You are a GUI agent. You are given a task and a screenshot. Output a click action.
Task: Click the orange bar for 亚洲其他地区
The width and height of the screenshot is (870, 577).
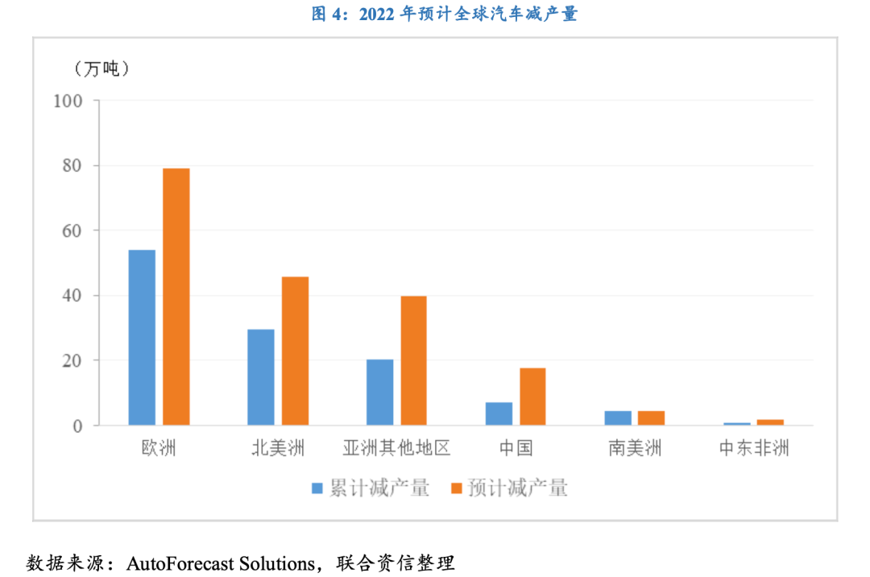413,360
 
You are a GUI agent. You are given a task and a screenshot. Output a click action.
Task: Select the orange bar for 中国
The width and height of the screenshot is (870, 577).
532,396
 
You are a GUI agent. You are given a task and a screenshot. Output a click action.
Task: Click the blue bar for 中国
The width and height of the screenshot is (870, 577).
499,413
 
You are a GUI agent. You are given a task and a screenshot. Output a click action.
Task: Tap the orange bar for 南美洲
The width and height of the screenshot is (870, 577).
651,417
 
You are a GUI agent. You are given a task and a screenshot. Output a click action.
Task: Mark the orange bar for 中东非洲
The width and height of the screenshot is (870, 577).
770,422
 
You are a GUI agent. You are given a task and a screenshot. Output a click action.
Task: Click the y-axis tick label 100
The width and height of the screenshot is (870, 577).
68,101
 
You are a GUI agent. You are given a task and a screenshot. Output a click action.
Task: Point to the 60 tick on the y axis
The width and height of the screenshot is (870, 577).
72,230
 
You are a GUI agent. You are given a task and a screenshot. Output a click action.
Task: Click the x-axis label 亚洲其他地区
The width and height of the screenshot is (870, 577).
396,448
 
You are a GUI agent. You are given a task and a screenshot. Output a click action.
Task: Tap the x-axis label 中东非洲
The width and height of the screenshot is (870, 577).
753,448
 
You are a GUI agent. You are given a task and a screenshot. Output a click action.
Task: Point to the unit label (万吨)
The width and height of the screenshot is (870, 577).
102,68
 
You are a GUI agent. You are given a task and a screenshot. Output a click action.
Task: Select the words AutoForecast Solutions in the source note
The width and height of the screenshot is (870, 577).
220,562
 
